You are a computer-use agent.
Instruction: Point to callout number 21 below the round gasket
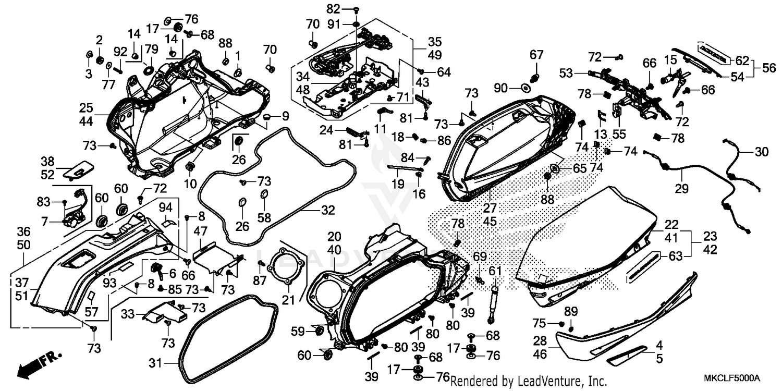[288, 300]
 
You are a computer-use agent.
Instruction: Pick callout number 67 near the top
[536, 55]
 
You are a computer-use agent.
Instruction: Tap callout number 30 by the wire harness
[762, 152]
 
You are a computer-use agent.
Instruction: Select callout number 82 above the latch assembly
[348, 9]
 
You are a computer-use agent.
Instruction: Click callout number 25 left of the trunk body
[86, 108]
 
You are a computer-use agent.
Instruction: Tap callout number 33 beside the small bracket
[128, 314]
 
